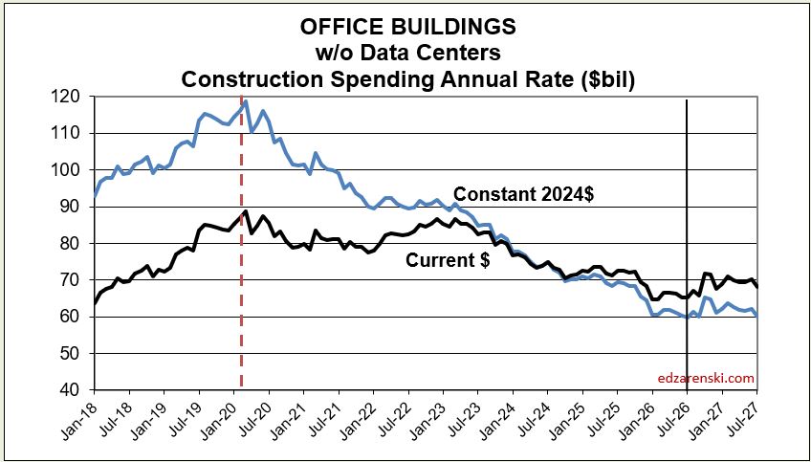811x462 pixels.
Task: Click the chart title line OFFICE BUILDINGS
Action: coord(408,28)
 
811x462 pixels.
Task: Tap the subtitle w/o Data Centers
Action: coord(408,53)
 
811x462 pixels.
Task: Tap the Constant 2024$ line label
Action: coord(522,194)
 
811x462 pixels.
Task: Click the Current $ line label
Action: coord(448,260)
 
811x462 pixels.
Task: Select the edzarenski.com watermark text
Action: coord(706,378)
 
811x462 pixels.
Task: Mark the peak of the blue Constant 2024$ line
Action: coord(246,101)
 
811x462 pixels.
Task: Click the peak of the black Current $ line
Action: coord(246,210)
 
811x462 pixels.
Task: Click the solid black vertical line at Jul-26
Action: coord(687,244)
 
